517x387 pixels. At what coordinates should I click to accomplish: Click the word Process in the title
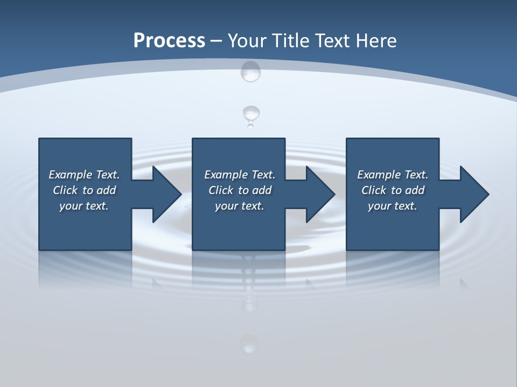pyautogui.click(x=169, y=41)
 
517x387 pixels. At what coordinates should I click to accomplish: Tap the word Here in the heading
pyautogui.click(x=376, y=41)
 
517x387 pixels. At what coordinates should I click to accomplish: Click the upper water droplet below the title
pyautogui.click(x=250, y=71)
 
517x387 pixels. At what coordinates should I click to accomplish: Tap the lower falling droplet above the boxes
pyautogui.click(x=251, y=114)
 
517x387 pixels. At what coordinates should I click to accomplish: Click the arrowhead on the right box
pyautogui.click(x=473, y=194)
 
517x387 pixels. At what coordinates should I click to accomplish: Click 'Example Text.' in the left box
pyautogui.click(x=84, y=175)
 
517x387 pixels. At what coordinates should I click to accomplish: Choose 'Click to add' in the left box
pyautogui.click(x=84, y=190)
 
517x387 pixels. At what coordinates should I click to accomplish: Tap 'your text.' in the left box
pyautogui.click(x=84, y=206)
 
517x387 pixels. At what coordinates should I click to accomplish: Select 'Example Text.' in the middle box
pyautogui.click(x=240, y=175)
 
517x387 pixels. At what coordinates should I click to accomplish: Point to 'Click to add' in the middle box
pyautogui.click(x=240, y=190)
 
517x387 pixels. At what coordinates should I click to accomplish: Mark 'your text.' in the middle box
pyautogui.click(x=240, y=206)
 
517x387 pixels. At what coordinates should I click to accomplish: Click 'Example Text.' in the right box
pyautogui.click(x=393, y=175)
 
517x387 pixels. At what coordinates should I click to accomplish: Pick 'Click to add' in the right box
pyautogui.click(x=393, y=190)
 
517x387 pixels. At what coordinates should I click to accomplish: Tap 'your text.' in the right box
pyautogui.click(x=393, y=206)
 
